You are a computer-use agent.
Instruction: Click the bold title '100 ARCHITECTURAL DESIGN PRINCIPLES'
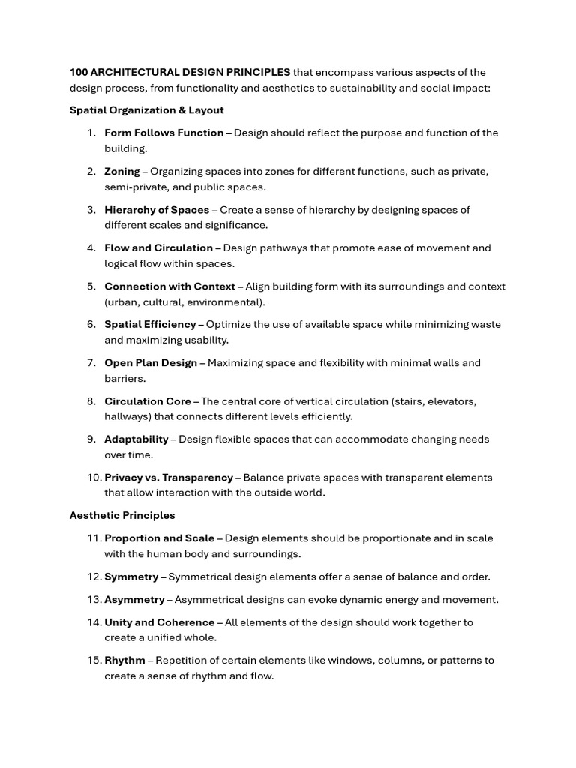(180, 72)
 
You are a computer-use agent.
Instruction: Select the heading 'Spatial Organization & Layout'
(146, 110)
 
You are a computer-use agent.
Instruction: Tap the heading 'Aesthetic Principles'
(122, 515)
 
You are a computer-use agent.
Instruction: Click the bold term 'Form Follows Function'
(163, 133)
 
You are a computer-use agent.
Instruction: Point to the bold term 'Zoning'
(122, 171)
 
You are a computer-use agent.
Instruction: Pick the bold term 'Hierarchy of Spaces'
(157, 210)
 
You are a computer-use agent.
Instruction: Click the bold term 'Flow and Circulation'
(158, 247)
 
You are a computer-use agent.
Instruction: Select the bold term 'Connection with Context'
(169, 286)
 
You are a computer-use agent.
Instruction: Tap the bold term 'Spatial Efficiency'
(150, 324)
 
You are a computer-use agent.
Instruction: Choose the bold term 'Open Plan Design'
(151, 363)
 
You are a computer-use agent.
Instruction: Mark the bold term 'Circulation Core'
(148, 401)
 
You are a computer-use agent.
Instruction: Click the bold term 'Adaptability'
(136, 439)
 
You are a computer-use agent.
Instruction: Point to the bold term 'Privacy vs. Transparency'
(169, 478)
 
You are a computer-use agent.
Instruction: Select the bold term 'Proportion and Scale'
(159, 538)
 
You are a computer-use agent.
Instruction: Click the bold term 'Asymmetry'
(134, 600)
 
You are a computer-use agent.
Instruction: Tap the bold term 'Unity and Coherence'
(159, 622)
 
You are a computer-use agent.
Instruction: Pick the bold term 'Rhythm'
(124, 661)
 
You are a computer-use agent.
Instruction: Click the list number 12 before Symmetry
(94, 577)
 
